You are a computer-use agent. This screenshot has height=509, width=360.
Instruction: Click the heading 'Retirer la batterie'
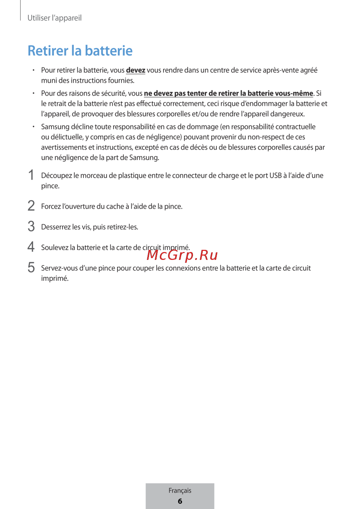(80, 51)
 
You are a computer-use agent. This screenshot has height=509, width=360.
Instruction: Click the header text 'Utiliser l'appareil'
(54, 18)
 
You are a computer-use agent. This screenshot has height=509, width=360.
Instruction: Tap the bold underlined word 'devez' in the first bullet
(135, 70)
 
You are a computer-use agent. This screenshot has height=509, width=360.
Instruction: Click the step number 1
(31, 175)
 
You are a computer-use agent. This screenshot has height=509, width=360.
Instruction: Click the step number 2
(31, 206)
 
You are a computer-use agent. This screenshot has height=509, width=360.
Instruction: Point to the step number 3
(31, 226)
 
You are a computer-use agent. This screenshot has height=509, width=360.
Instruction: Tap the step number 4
(31, 247)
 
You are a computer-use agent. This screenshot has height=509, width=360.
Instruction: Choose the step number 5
(31, 267)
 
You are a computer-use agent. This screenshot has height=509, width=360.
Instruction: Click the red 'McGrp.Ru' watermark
(183, 255)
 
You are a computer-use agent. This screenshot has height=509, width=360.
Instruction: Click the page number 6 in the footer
(180, 501)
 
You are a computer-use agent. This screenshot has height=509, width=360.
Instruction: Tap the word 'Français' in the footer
(180, 490)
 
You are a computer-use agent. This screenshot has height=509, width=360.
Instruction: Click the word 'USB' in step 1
(275, 175)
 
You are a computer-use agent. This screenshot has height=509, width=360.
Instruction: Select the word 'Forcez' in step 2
(51, 206)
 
